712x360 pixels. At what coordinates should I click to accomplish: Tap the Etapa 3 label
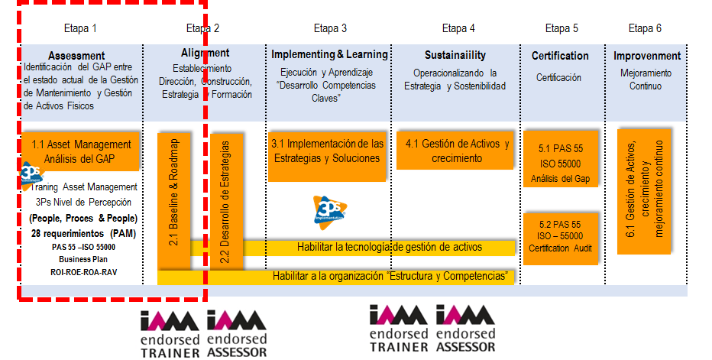click(330, 29)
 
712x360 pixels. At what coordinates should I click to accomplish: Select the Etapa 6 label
click(645, 29)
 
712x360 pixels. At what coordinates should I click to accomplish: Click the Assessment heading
click(76, 56)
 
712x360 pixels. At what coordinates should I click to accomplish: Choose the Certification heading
click(560, 56)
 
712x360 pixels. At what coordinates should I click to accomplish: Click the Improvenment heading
click(647, 56)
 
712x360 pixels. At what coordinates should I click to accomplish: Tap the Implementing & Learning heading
click(329, 55)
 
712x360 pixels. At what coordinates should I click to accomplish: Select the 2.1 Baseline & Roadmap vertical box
click(173, 199)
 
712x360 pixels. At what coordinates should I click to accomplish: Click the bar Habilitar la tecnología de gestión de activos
click(390, 247)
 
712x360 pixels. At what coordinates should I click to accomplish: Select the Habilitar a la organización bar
click(390, 275)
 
